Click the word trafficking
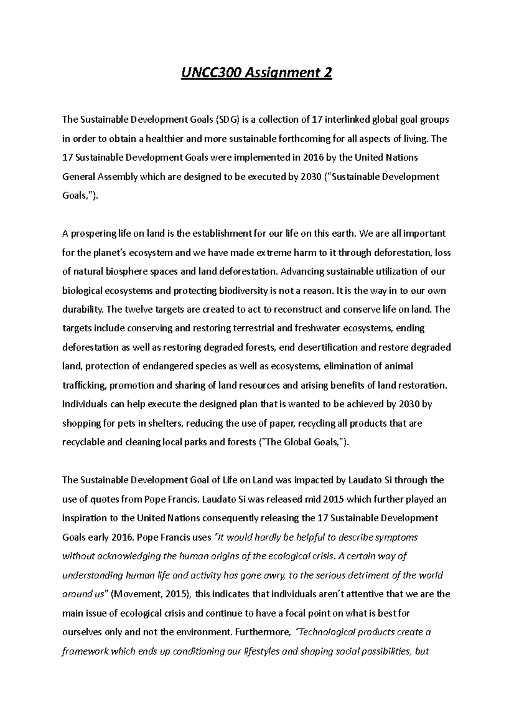pos(84,385)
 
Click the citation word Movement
pos(135,594)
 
